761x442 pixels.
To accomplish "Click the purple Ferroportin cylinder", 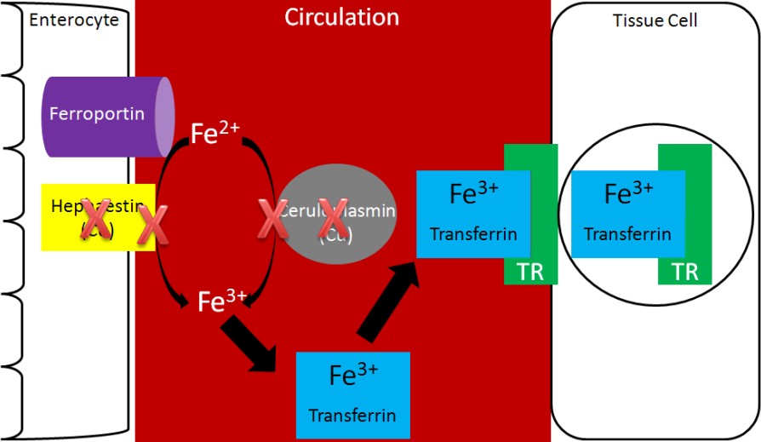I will coord(102,114).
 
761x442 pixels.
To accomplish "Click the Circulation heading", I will coord(341,17).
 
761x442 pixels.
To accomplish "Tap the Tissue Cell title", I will coord(655,20).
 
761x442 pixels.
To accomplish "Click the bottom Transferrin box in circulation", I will coord(352,393).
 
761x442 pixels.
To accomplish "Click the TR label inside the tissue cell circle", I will coord(684,273).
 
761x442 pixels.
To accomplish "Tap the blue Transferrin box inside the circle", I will coord(628,213).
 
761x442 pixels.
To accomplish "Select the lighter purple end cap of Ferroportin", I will coord(164,114).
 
